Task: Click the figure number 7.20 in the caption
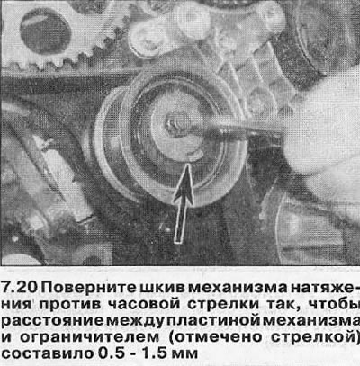coord(20,288)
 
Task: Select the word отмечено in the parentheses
coord(220,337)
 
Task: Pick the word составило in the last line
coord(48,353)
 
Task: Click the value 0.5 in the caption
coord(111,353)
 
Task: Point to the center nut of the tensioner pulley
coord(173,124)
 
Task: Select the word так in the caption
coord(280,304)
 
